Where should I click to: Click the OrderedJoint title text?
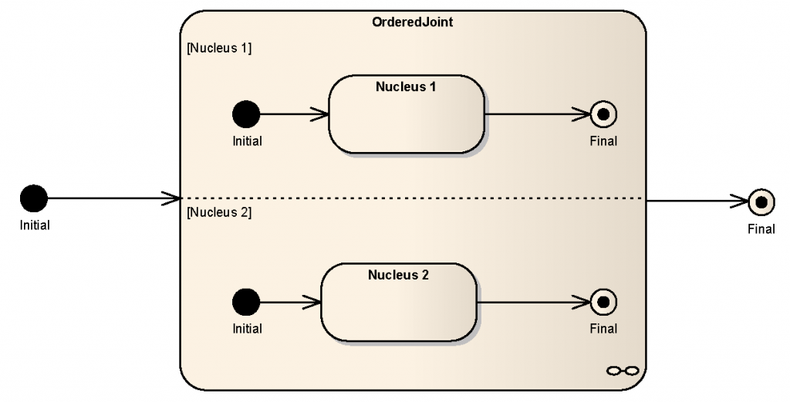[x=413, y=22]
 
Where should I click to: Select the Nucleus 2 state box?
[x=398, y=302]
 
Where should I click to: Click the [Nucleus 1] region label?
[x=219, y=48]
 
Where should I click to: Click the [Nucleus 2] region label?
[x=219, y=212]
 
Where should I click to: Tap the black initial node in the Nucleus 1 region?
[x=246, y=114]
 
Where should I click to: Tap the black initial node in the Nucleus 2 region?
[x=246, y=302]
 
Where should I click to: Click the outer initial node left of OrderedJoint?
[x=34, y=198]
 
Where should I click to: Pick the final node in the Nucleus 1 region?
[x=603, y=114]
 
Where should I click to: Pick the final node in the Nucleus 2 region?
[x=603, y=302]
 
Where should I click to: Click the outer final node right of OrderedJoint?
[x=761, y=202]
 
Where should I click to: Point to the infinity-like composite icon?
[x=623, y=371]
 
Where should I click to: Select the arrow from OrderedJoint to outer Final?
[x=694, y=202]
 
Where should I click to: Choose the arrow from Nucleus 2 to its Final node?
[x=532, y=302]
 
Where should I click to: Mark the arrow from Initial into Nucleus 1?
[x=294, y=114]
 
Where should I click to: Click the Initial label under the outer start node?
[x=35, y=226]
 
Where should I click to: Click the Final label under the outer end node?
[x=761, y=229]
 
